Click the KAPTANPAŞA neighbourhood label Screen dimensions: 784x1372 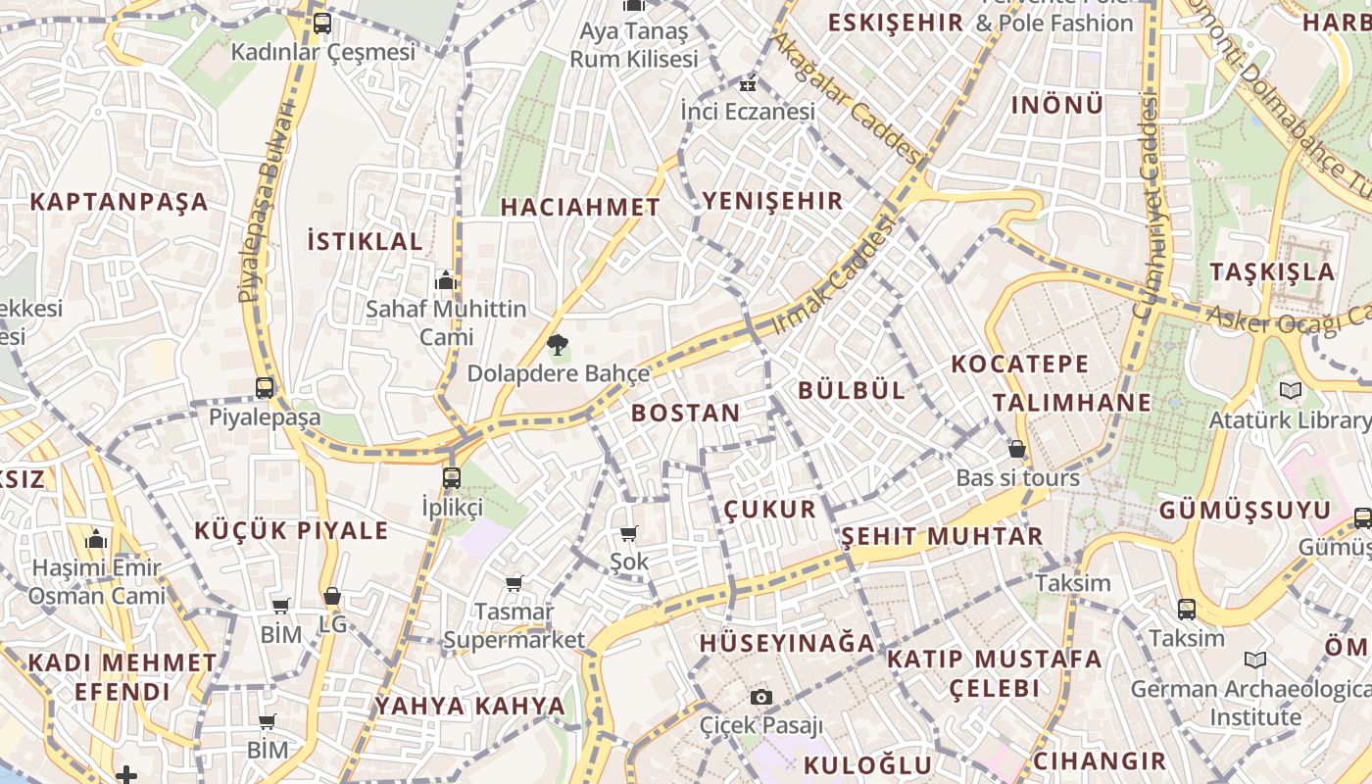[x=119, y=202]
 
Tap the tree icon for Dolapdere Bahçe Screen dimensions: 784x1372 [x=558, y=344]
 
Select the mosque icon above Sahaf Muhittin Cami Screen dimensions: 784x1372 [x=446, y=280]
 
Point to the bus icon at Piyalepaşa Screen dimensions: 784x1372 [x=265, y=387]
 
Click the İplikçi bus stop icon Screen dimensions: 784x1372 [x=451, y=478]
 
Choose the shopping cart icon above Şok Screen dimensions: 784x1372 [x=629, y=533]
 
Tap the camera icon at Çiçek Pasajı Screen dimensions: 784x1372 [x=761, y=697]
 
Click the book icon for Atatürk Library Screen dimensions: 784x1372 [x=1291, y=391]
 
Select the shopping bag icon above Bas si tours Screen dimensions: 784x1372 [x=1017, y=449]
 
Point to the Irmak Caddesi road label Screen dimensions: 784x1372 [x=834, y=276]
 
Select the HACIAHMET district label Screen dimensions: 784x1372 [x=580, y=207]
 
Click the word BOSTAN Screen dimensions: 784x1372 [x=685, y=413]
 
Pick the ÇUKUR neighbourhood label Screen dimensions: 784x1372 [x=769, y=509]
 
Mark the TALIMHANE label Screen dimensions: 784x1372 [x=1071, y=402]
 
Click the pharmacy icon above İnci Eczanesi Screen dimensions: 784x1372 [x=749, y=84]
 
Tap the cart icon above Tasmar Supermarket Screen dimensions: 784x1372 [x=514, y=583]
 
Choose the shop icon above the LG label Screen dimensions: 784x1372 [x=332, y=596]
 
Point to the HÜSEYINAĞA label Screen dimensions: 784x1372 [x=786, y=643]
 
